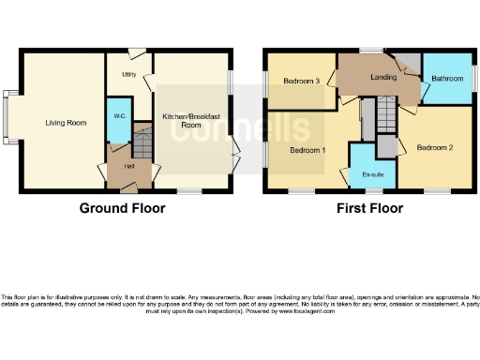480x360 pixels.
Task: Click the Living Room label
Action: tap(66, 122)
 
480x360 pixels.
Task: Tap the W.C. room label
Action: tap(119, 115)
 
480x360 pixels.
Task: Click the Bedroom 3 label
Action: tap(303, 82)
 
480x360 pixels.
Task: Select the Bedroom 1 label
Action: tap(307, 150)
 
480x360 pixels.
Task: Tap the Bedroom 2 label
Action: tap(435, 148)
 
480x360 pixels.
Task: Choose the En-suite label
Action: tap(372, 174)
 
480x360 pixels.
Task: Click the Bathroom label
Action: tap(447, 79)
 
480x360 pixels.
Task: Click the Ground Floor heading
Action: tap(122, 208)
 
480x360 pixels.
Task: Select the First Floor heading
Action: tap(370, 208)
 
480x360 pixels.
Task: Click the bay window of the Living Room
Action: tap(9, 119)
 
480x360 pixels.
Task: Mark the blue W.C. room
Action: tap(118, 127)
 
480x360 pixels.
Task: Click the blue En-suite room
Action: tap(372, 164)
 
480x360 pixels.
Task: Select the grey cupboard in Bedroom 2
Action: tap(386, 146)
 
